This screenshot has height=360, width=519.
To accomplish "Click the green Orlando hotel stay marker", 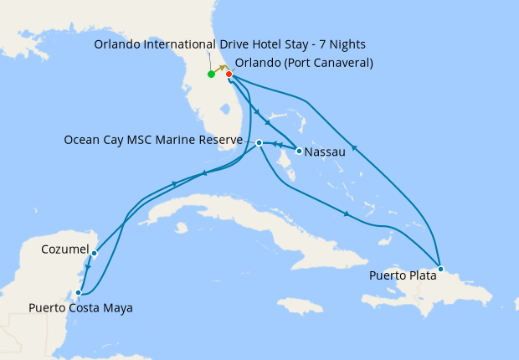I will click(x=211, y=75).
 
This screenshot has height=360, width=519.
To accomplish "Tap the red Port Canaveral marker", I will click(x=229, y=75).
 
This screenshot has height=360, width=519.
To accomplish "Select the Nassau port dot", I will click(x=300, y=152).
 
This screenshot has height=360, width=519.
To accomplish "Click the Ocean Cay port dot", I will click(x=259, y=143).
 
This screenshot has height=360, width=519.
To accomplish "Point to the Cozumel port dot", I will click(x=95, y=253).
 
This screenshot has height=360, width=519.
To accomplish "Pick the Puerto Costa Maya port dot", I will click(x=79, y=293).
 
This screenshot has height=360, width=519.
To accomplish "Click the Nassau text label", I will click(x=326, y=153).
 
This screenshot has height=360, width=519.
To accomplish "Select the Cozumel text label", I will click(x=64, y=249).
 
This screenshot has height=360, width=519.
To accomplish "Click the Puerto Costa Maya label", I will click(x=80, y=308).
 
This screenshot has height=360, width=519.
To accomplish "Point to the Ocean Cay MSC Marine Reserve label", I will click(x=153, y=140).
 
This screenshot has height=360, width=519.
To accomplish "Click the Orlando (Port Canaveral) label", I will click(x=304, y=63).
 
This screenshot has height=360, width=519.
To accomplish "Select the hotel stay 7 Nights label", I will click(x=229, y=44).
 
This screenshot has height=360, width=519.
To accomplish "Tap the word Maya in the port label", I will click(x=117, y=308).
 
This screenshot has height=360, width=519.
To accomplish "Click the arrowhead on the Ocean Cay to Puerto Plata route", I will click(x=347, y=214).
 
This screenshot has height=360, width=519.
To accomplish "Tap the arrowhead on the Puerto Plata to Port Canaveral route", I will click(x=354, y=149).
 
